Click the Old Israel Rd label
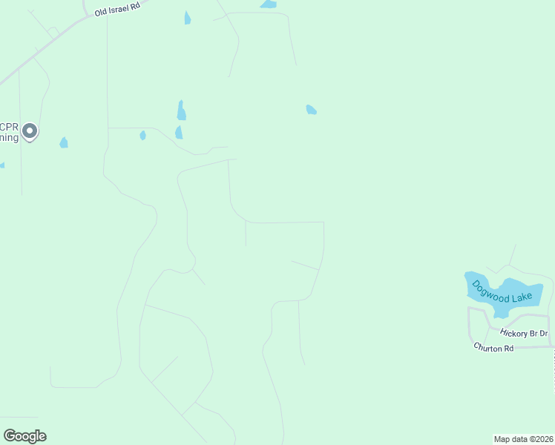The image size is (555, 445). click(x=116, y=8)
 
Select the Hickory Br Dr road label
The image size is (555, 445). click(x=523, y=333)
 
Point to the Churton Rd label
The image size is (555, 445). click(x=493, y=347)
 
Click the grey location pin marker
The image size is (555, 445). click(x=30, y=131)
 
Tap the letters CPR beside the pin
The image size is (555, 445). click(x=8, y=126)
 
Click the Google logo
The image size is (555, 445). click(x=24, y=436)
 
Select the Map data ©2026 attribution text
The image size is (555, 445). click(x=523, y=439)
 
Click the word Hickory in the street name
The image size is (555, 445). click(x=513, y=332)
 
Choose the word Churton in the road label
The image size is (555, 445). click(x=487, y=347)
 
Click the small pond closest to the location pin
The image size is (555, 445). click(x=64, y=142)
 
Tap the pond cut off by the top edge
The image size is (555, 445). click(x=269, y=4)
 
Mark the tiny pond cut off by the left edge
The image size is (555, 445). click(x=1, y=165)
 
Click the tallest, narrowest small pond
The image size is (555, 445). click(x=181, y=111)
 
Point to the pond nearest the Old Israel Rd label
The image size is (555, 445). click(x=188, y=18)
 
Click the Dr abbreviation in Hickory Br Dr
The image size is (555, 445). click(x=543, y=334)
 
